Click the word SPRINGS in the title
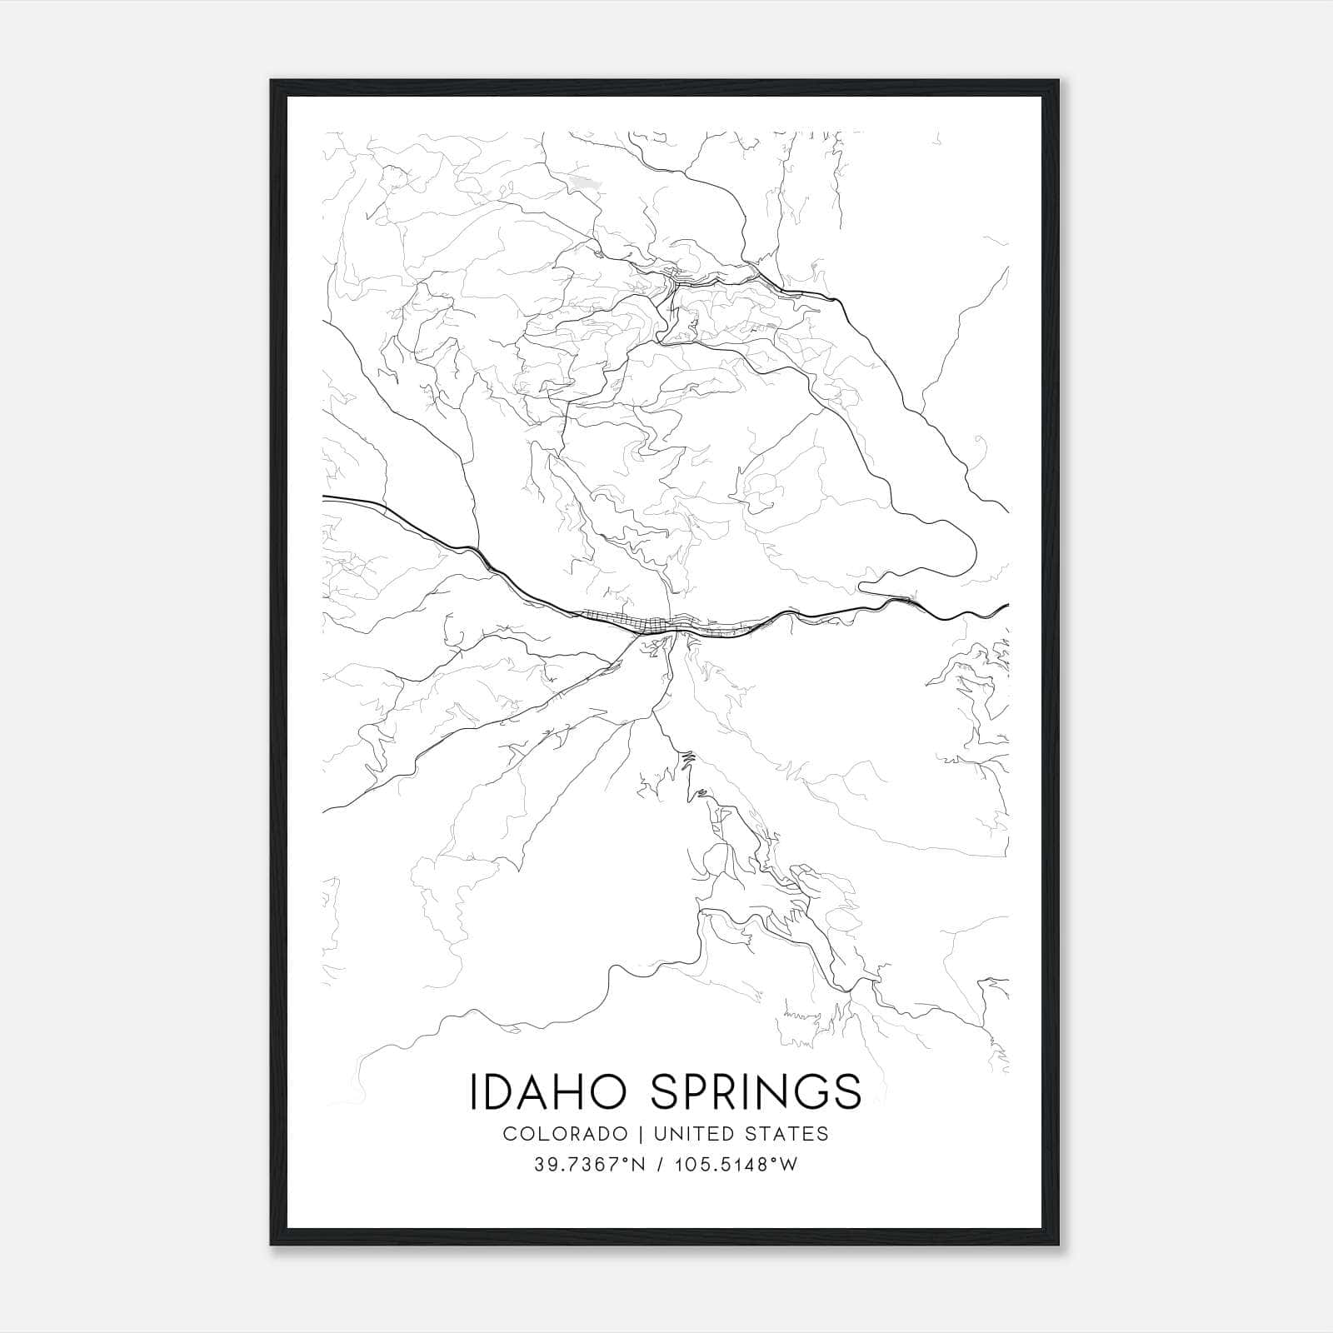[756, 1092]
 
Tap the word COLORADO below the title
[566, 1134]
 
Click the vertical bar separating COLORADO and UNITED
[642, 1134]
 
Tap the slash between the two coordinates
[660, 1165]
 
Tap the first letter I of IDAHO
[474, 1092]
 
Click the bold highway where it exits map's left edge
[325, 497]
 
